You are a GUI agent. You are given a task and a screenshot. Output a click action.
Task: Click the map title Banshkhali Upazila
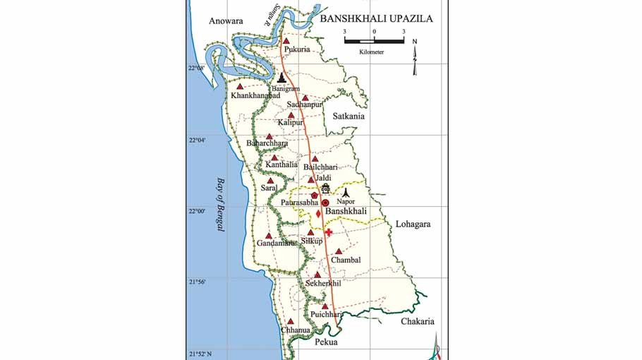click(x=376, y=19)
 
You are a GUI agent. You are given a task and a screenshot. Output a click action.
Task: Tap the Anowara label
click(x=226, y=21)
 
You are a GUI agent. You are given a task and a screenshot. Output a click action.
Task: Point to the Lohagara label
click(x=413, y=224)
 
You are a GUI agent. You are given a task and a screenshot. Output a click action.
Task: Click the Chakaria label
click(x=417, y=321)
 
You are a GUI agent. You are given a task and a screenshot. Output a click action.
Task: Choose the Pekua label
click(x=326, y=342)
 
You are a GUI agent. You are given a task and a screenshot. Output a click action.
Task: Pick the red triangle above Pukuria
click(x=286, y=42)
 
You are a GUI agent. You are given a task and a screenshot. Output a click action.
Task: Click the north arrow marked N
click(x=416, y=56)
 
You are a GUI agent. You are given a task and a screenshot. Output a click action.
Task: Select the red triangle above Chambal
click(x=339, y=251)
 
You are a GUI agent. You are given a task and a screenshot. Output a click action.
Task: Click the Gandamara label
click(x=276, y=244)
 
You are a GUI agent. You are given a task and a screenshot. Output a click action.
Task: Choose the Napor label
click(x=346, y=202)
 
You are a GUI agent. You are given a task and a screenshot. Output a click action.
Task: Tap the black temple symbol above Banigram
click(x=282, y=78)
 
